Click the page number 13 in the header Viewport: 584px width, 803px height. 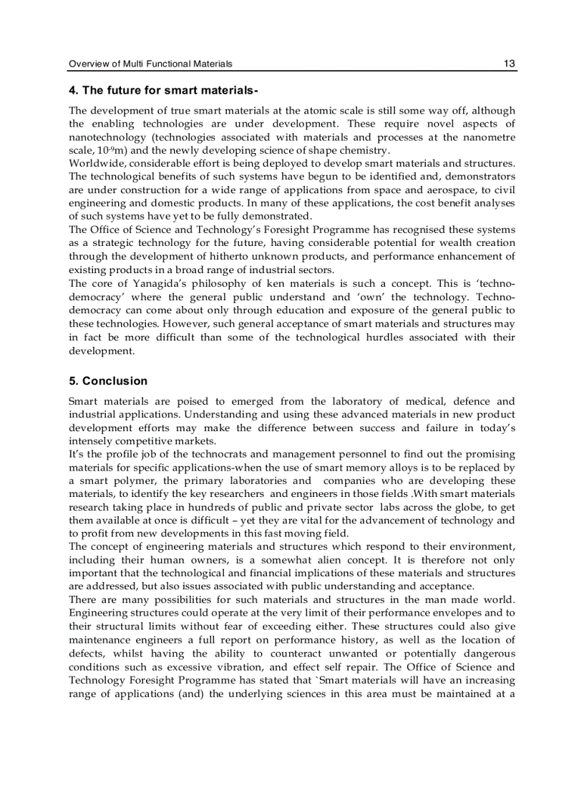click(509, 64)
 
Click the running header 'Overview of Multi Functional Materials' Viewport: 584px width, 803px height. click(150, 64)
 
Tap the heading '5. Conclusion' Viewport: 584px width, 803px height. click(108, 381)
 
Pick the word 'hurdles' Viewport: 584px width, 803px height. click(396, 338)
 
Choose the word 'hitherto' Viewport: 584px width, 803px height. click(242, 257)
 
